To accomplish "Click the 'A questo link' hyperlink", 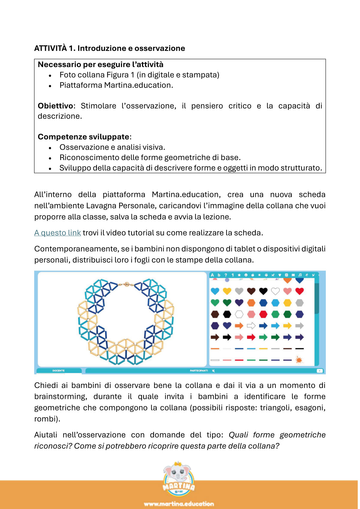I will pos(58,233).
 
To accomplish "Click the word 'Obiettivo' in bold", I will pos(55,106).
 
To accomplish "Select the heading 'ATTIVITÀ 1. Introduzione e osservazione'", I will pos(109,48).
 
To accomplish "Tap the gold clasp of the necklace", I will pos(126,283).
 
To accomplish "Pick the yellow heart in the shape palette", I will pos(227,291).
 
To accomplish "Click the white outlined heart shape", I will pos(275,291).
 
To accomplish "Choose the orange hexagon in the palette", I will pos(251,303).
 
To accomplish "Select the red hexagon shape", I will pos(263,314).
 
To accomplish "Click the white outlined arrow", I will pos(251,326).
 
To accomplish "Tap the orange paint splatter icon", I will pos(299,360).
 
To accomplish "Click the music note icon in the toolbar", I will pos(300,275).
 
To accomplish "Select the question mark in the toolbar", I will pos(226,275).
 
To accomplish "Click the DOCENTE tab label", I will pos(58,371).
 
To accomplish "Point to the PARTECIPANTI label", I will pos(199,371).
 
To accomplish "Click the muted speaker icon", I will pos(213,371).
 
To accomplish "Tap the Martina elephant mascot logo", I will pos(179,478).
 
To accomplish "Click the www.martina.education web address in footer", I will pos(179,504).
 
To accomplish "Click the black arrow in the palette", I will pos(227,337).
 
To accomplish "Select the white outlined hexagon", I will pos(239,314).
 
